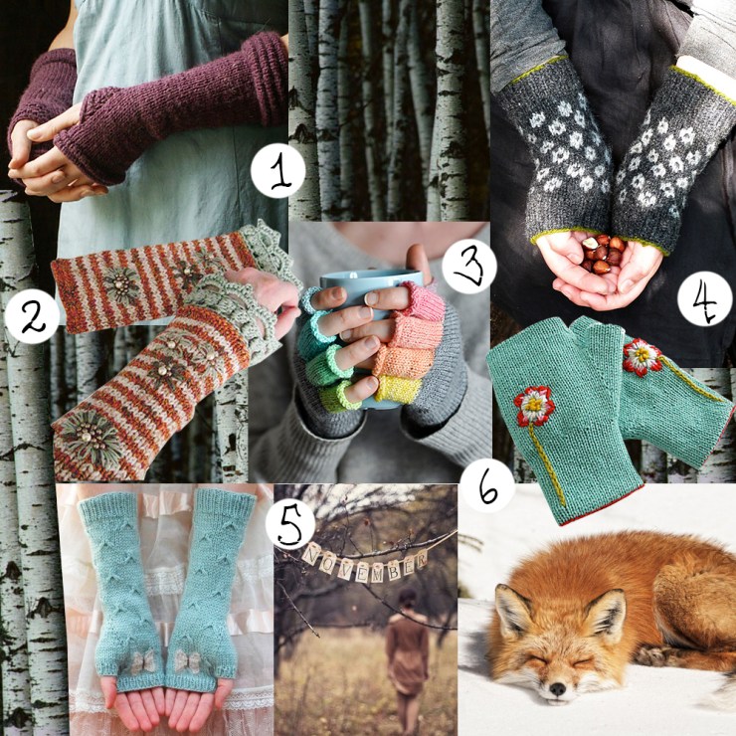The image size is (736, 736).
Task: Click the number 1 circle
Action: tap(277, 170)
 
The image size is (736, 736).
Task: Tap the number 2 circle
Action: tap(32, 316)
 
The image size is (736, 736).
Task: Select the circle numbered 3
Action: tap(468, 267)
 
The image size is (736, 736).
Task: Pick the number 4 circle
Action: tap(705, 299)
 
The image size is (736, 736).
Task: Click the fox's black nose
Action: tap(557, 688)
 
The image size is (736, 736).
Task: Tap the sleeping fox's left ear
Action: tap(510, 610)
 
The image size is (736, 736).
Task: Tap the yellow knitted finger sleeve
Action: tap(397, 389)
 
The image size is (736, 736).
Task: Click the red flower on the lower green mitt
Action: tap(534, 406)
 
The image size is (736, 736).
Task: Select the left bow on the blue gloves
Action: tap(142, 661)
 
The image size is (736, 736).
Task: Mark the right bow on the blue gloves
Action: tap(188, 660)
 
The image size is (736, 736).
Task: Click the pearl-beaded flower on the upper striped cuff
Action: tap(121, 284)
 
